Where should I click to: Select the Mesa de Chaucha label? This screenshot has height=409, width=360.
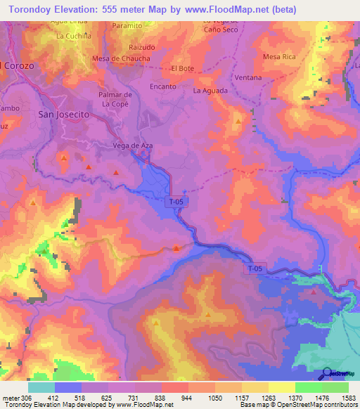[122, 58]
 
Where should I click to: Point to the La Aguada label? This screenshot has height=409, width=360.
[210, 91]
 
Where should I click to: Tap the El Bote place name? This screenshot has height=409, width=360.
[182, 69]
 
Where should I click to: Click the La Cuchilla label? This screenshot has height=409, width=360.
[74, 35]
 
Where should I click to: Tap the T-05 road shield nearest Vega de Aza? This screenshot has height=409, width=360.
[178, 202]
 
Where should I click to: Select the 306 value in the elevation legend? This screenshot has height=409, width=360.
[15, 397]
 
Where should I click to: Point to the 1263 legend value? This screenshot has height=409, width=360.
[268, 397]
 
